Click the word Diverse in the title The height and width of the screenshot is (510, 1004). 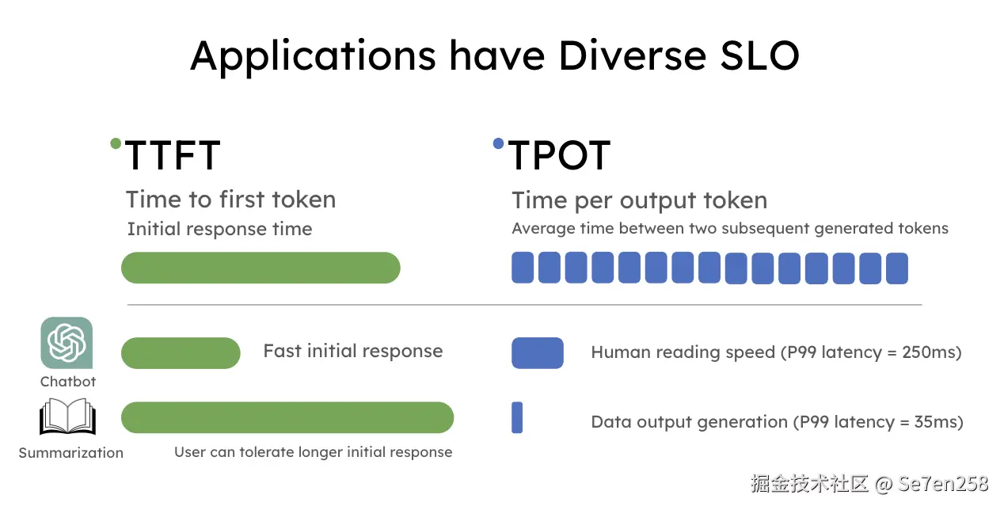coord(633,55)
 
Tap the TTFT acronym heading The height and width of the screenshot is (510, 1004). coord(173,155)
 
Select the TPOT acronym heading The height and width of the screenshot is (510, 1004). coord(559,155)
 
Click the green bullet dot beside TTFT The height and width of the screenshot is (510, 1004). coord(116,143)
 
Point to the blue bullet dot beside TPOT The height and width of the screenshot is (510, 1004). coord(498,143)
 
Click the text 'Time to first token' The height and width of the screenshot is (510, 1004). coord(231,200)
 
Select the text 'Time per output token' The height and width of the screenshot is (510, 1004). coord(640,200)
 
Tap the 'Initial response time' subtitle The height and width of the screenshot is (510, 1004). coord(219,229)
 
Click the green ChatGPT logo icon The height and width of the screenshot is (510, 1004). coord(67,343)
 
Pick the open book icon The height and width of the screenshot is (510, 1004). coord(67,417)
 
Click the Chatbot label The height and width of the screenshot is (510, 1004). coord(68,382)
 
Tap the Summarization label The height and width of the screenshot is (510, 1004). coord(70,453)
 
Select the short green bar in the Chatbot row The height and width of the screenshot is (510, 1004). coord(181,353)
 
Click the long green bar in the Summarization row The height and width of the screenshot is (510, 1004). coord(287,417)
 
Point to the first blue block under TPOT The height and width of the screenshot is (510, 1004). coord(523,268)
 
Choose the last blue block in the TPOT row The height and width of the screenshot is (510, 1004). coord(897,268)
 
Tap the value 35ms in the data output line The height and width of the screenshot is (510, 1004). coord(935,422)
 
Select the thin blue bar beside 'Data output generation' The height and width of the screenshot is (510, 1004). coord(517,417)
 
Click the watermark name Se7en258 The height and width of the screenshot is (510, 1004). coord(943,484)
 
